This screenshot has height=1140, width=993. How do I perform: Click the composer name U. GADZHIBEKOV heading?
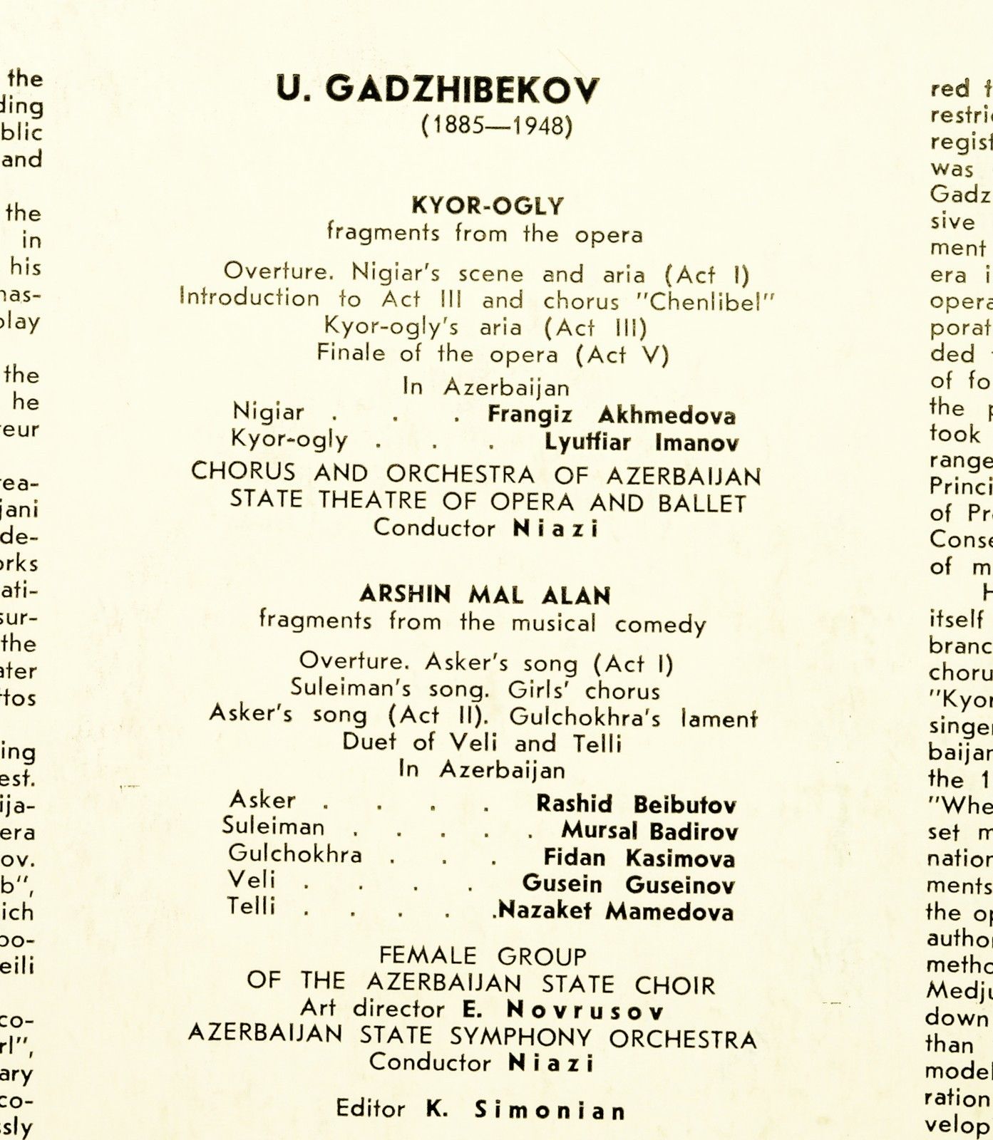coord(438,90)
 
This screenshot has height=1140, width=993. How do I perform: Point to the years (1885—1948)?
coord(497,126)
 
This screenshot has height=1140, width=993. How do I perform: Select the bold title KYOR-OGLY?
coord(488,206)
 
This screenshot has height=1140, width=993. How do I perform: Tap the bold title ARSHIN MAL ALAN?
coord(485,595)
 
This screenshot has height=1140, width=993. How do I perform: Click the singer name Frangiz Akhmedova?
coord(612,415)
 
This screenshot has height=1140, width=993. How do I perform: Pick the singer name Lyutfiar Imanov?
coord(642,442)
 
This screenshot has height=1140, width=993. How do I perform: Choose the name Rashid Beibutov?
coord(636,804)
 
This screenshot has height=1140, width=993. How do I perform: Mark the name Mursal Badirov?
coord(649,831)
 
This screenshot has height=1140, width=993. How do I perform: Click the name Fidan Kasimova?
coord(639,858)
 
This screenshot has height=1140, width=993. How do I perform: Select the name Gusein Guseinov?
coord(628,885)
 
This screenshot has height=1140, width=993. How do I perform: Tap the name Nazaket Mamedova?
coord(617,911)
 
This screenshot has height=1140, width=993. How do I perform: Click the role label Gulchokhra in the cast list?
coord(295,854)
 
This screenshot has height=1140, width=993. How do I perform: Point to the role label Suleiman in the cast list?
coord(273,826)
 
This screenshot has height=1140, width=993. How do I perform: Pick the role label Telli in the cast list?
coord(252,907)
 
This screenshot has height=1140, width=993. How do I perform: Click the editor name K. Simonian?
coord(526,1110)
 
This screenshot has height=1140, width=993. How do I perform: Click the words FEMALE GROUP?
coord(483,955)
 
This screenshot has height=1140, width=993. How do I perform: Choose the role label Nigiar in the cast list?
coord(268,412)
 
